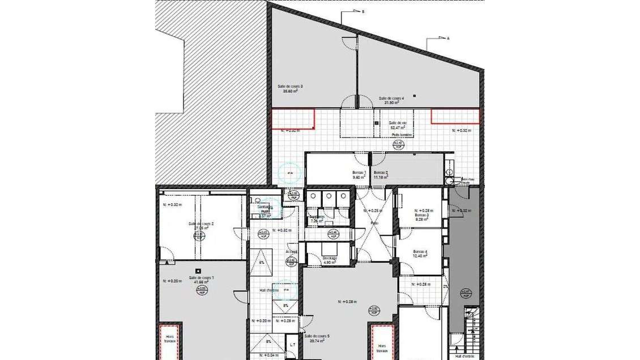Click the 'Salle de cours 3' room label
point(290,86)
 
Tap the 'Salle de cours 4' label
point(391,98)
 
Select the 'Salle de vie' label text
point(398,123)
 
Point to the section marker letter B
point(363,11)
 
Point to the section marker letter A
point(448,38)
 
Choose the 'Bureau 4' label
point(420,251)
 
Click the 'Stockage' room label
point(330,258)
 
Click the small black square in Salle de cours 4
point(415,96)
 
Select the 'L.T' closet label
point(293,344)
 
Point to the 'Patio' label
point(374,223)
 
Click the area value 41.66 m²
point(201,282)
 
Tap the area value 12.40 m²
point(420,256)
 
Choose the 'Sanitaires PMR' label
point(265,209)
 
